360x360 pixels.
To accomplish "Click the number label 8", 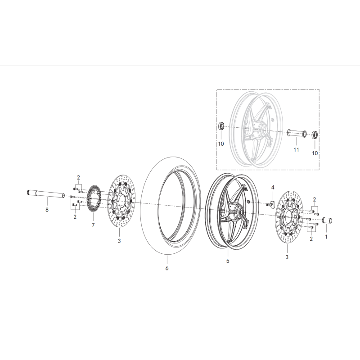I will (x=46, y=210).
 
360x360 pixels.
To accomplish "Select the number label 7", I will (x=93, y=225).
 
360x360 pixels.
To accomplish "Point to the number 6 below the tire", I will (x=166, y=268).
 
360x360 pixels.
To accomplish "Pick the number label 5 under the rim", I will (x=228, y=261).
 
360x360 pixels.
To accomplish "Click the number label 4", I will (x=273, y=187).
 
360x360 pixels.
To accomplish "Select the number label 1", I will (x=326, y=235).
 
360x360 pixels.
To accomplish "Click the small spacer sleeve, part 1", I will (x=327, y=220).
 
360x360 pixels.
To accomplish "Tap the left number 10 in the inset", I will (x=220, y=143).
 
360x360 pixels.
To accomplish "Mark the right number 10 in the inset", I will (x=315, y=153).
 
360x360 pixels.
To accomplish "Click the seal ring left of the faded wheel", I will (x=221, y=126).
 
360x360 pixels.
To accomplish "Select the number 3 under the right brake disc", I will (x=287, y=256).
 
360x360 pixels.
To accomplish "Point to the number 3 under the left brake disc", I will (x=119, y=241).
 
